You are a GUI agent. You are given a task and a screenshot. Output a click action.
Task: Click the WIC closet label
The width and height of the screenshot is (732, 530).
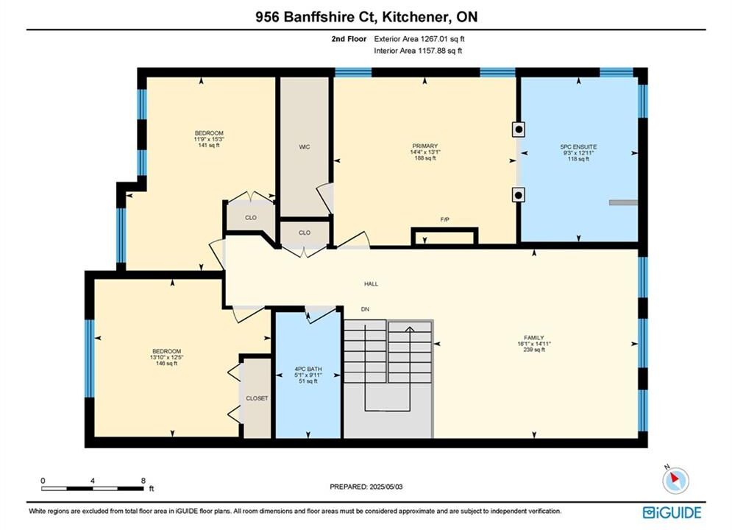305,147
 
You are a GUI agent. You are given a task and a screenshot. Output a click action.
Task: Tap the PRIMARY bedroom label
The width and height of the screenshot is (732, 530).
424,146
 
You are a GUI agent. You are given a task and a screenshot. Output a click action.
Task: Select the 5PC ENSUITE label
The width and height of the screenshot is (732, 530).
578,146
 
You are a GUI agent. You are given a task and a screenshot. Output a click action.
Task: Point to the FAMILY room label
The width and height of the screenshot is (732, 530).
533,338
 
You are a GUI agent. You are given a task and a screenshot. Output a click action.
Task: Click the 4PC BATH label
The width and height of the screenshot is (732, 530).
308,369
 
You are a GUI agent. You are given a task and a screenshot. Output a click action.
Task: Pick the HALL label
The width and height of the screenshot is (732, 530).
371,283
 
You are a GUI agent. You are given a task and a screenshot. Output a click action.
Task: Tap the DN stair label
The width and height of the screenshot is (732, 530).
365,309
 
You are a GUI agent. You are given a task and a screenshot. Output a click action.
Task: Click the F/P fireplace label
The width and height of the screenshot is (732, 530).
444,219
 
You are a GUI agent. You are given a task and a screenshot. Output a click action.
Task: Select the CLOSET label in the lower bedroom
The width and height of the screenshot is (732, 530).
257,398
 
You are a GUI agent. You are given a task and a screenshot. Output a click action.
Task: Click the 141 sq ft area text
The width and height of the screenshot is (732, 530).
209,145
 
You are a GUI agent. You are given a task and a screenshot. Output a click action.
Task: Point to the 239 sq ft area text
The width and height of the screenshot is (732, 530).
534,350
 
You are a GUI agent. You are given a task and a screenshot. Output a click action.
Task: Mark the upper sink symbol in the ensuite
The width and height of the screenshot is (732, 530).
518,130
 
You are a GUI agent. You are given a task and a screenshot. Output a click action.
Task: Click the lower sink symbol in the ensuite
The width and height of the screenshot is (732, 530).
518,194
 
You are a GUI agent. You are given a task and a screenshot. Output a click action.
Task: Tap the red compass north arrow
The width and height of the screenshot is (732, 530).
674,478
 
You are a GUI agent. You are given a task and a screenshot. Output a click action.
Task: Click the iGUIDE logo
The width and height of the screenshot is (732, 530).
672,512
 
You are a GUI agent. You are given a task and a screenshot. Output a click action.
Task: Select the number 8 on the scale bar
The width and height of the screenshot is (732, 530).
143,481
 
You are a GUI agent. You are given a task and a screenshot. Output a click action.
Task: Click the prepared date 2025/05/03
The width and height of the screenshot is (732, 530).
385,487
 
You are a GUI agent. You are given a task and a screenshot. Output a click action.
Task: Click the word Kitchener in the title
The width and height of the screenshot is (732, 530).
412,17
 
